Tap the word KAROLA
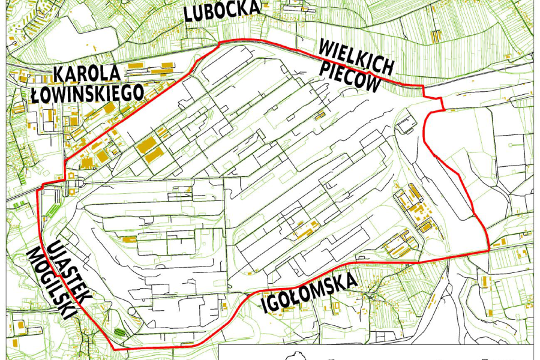[x=88, y=74]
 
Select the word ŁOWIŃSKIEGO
[x=88, y=93]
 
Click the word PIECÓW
[x=350, y=77]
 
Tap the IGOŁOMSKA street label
[x=310, y=294]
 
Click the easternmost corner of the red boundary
[x=490, y=249]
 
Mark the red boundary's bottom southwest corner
[x=114, y=349]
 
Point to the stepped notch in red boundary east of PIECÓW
[x=434, y=98]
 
